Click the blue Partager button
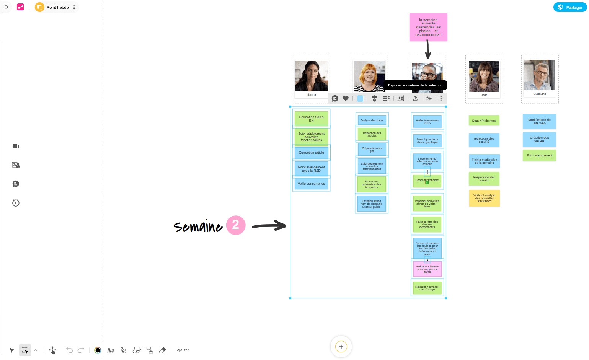[x=570, y=7]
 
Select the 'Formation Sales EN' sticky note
[x=311, y=119]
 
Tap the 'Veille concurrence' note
[x=311, y=184]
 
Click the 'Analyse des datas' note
[x=372, y=120]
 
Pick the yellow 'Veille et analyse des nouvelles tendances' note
[x=484, y=198]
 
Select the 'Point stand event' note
[x=539, y=155]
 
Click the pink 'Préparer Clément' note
[x=427, y=269]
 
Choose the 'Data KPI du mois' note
[x=484, y=121]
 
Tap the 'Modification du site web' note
[x=539, y=122]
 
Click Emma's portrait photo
[x=312, y=76]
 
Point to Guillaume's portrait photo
[x=539, y=75]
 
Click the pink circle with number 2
[x=235, y=225]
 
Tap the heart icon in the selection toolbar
[x=346, y=98]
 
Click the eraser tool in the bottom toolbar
[x=162, y=350]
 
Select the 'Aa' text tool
[x=111, y=350]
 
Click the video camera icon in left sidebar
[x=16, y=146]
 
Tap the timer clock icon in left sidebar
[x=16, y=203]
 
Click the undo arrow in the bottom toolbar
[x=69, y=350]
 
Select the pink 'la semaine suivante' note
[x=428, y=27]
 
